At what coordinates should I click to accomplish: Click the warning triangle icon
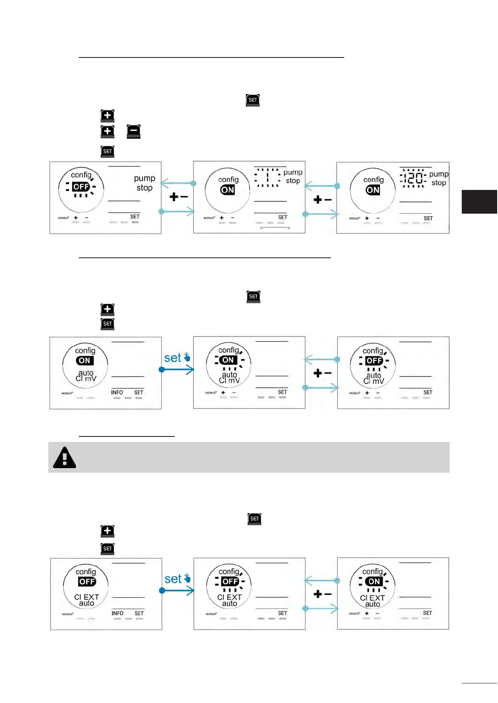tap(65, 458)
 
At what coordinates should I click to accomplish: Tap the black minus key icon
tap(133, 131)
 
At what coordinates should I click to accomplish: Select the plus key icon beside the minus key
tap(108, 131)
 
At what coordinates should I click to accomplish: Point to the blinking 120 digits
tap(413, 178)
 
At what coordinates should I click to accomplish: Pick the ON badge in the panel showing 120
tap(373, 190)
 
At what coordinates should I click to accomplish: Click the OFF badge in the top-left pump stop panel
tap(81, 187)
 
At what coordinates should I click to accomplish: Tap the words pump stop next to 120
tap(438, 178)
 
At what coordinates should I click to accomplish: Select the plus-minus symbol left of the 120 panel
tap(322, 200)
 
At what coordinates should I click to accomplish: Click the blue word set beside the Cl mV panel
tap(173, 358)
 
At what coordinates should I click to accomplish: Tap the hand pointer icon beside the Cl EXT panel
tap(187, 578)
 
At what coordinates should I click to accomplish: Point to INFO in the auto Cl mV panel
tap(117, 392)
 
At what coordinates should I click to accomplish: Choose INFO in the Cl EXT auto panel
tap(118, 613)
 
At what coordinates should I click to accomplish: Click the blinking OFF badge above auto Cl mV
tap(374, 361)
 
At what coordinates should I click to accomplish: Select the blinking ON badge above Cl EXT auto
tap(374, 581)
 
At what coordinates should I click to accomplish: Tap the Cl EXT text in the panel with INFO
tap(87, 597)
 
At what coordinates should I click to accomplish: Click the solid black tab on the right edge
tap(479, 202)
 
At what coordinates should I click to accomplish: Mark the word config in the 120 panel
tap(373, 179)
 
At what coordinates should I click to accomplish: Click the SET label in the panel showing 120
tap(428, 218)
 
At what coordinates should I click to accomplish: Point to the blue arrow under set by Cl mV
tap(178, 369)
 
